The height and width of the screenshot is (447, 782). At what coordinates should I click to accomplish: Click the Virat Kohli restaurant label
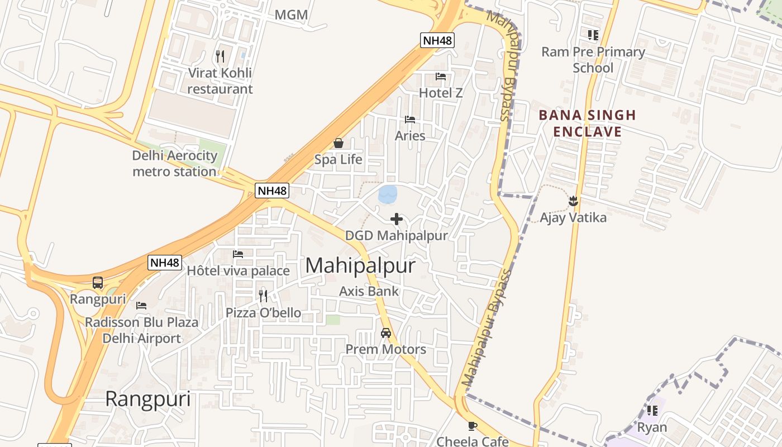pos(220,81)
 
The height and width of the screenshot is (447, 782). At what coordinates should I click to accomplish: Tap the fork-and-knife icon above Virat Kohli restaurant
pos(220,56)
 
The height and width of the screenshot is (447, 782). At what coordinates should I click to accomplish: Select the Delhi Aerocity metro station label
pos(174,163)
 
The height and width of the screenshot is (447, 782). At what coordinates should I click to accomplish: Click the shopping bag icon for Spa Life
pos(338,144)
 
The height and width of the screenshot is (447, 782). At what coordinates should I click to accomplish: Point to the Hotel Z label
pos(441,93)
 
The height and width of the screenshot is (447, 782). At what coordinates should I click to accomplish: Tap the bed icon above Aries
pos(410,120)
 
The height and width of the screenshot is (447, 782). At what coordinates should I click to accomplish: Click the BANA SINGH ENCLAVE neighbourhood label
pos(587,123)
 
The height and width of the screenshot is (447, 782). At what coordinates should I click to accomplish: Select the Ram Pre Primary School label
pos(593,60)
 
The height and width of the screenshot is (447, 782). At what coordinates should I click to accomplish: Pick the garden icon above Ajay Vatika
pos(573,200)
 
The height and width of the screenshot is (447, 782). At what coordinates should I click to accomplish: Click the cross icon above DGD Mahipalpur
pos(397,218)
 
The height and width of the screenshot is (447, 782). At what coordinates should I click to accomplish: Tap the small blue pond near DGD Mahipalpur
pos(388,194)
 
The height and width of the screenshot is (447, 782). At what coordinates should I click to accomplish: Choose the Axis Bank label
pos(369,291)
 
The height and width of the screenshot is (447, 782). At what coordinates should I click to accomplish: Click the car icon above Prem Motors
pos(385,333)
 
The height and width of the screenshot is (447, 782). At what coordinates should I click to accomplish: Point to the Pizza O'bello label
pos(263,313)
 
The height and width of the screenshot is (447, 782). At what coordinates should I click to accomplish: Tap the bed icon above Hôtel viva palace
pos(238,254)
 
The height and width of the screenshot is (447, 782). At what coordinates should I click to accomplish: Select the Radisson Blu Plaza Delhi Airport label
pos(141,330)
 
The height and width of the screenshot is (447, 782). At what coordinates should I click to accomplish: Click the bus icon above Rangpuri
pos(98,283)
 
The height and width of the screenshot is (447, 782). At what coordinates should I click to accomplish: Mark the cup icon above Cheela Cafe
pos(473,426)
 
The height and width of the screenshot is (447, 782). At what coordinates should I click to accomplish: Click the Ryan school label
pos(652,427)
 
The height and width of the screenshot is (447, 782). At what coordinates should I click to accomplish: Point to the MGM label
pos(291,15)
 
